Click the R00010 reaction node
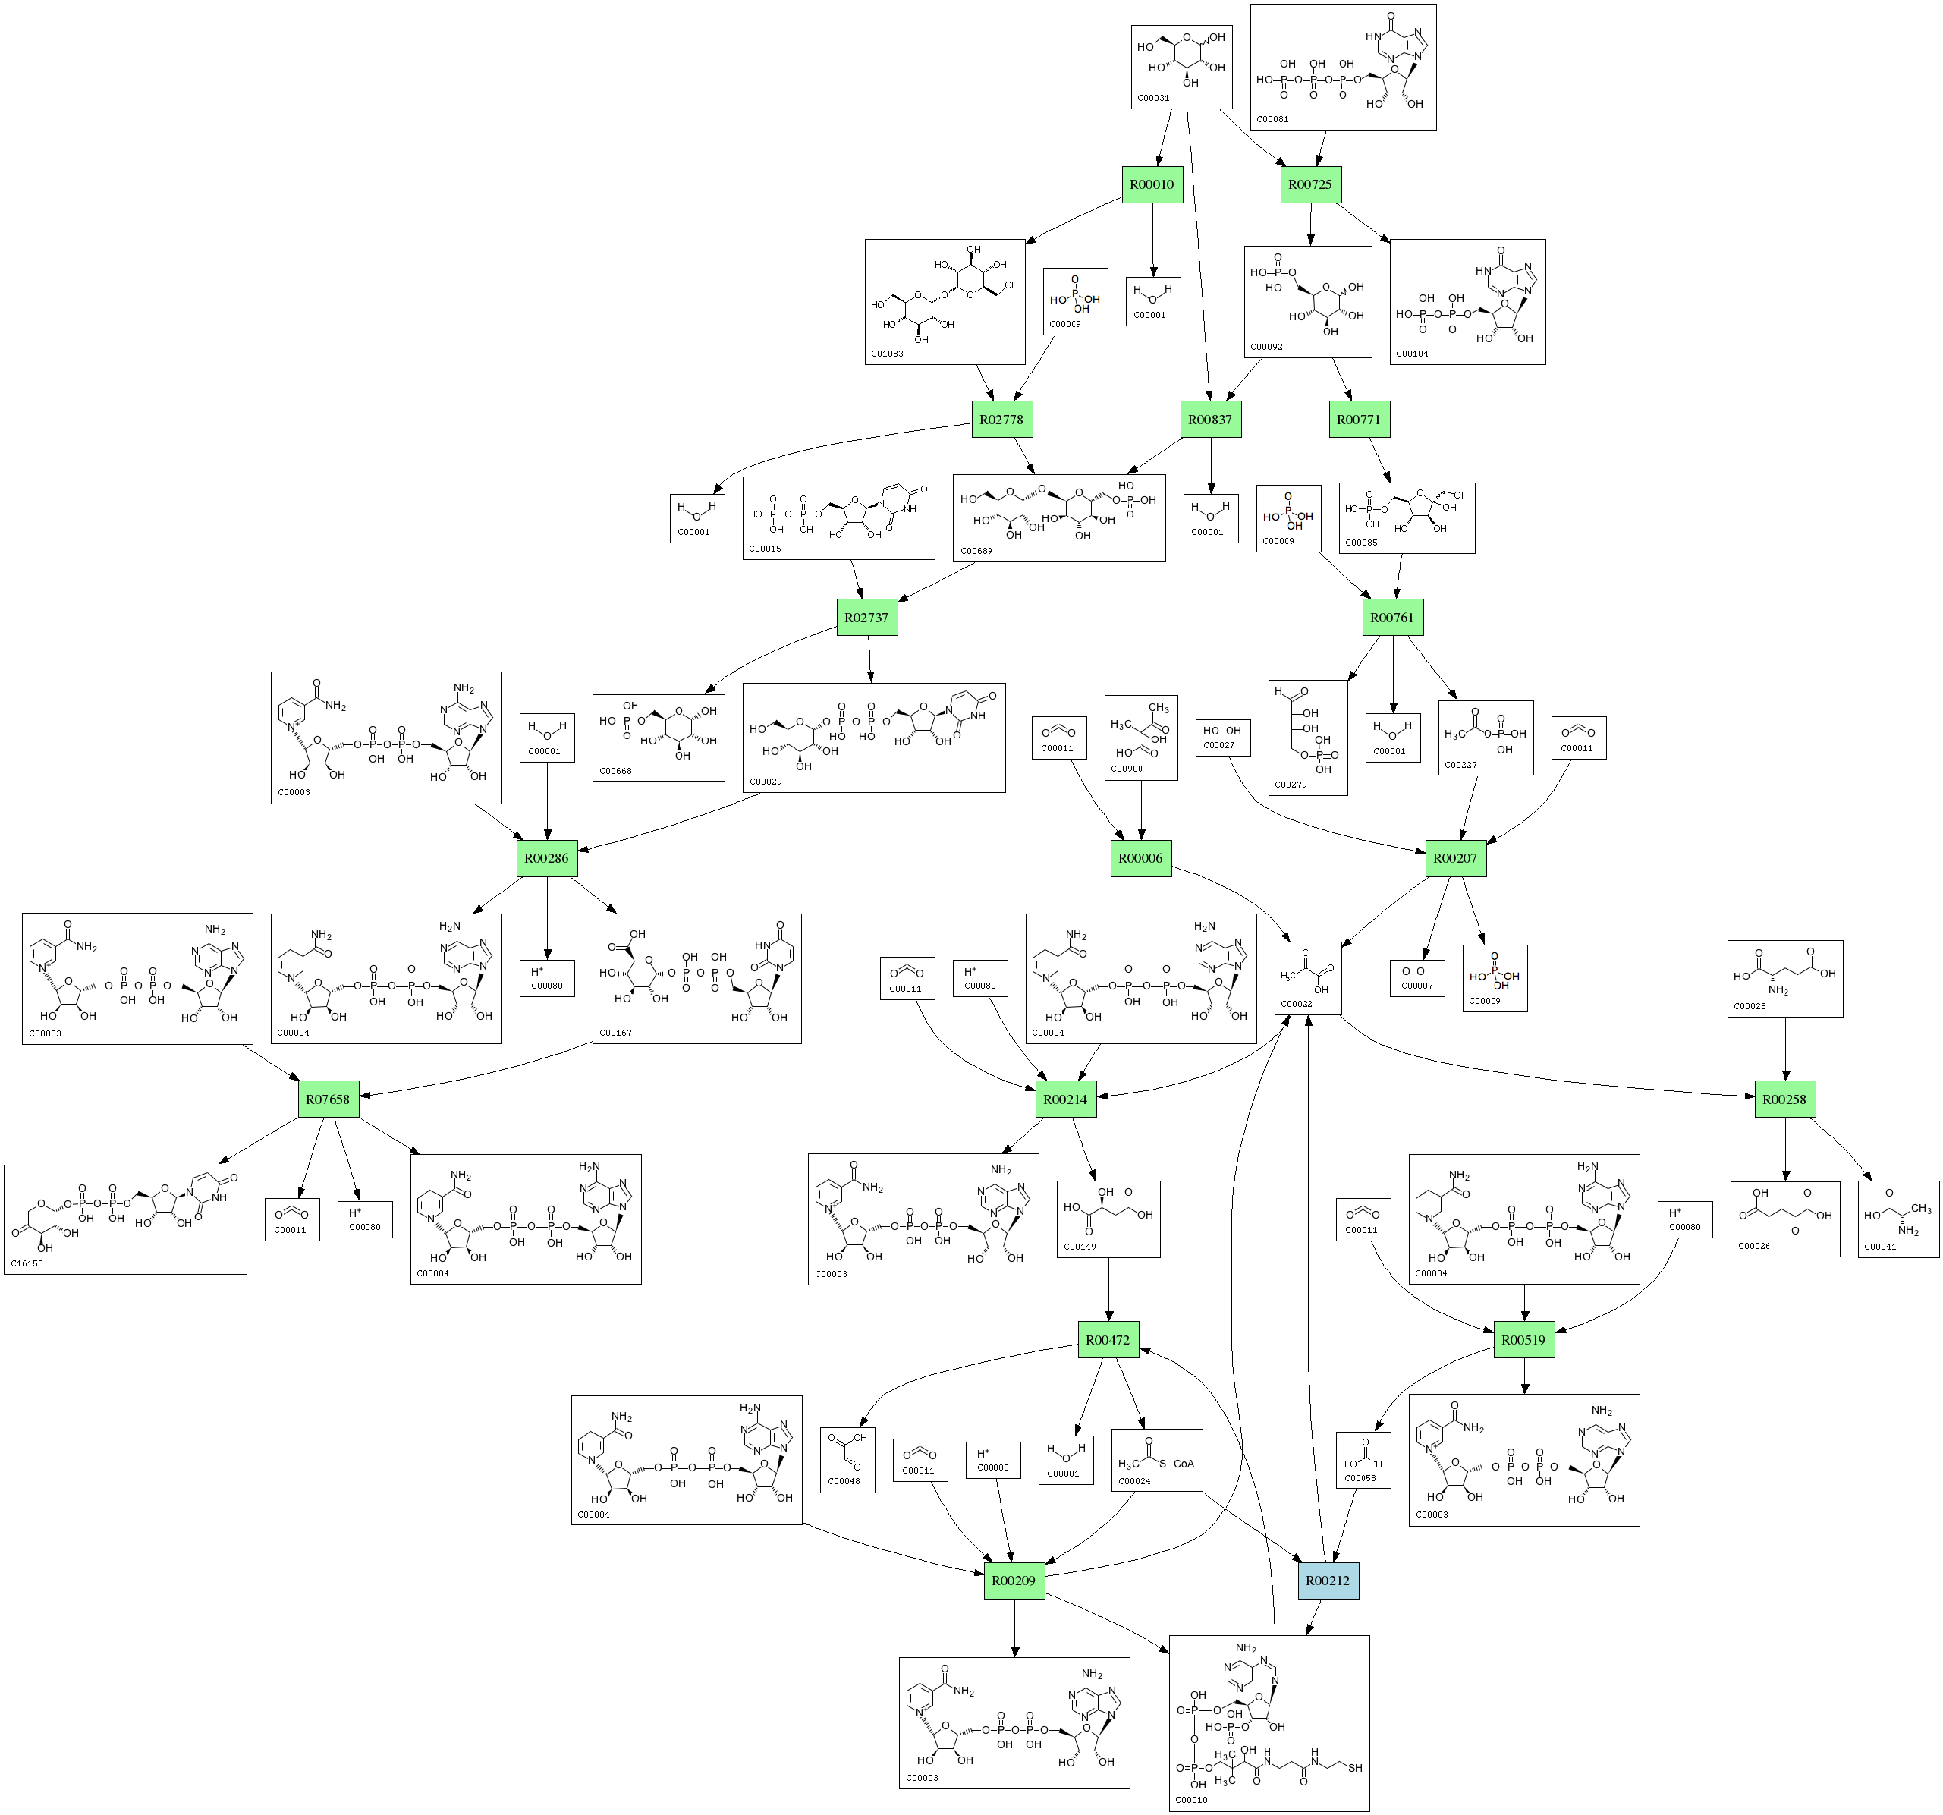pyautogui.click(x=1152, y=184)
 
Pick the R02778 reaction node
pyautogui.click(x=1001, y=420)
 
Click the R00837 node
pyautogui.click(x=1210, y=420)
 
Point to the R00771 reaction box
pyautogui.click(x=1359, y=420)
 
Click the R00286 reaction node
pyautogui.click(x=546, y=858)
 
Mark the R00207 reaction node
pyautogui.click(x=1455, y=858)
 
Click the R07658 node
pyautogui.click(x=328, y=1099)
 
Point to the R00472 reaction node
pyautogui.click(x=1108, y=1340)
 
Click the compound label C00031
pyautogui.click(x=1153, y=99)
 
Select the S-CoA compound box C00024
pyautogui.click(x=1156, y=1460)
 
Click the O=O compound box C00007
pyautogui.click(x=1416, y=977)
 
